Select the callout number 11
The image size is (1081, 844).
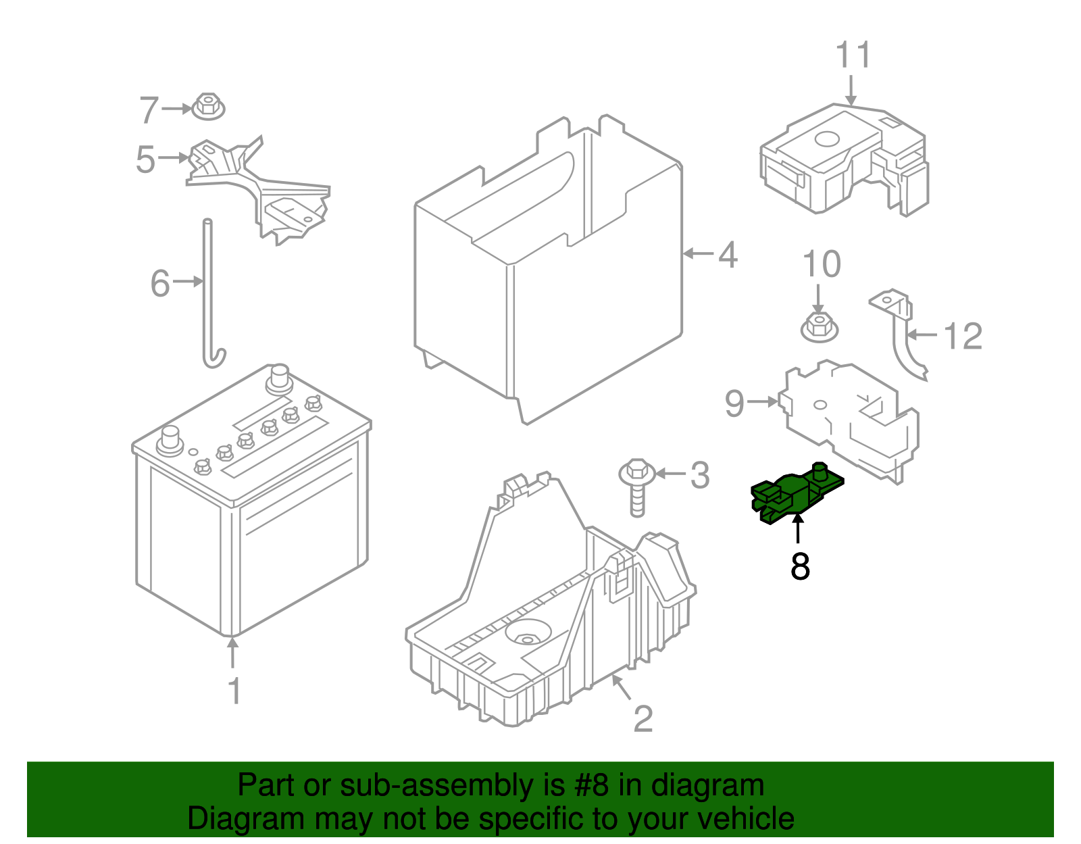(x=853, y=55)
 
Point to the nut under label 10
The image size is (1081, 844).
(x=819, y=326)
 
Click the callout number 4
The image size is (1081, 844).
(x=728, y=255)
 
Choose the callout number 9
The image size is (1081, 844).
(x=734, y=403)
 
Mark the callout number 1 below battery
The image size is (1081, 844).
(x=234, y=691)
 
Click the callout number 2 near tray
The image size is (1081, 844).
(x=643, y=719)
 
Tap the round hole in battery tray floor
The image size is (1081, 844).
(x=526, y=637)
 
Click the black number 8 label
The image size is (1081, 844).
(x=800, y=566)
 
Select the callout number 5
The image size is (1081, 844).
(x=145, y=159)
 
